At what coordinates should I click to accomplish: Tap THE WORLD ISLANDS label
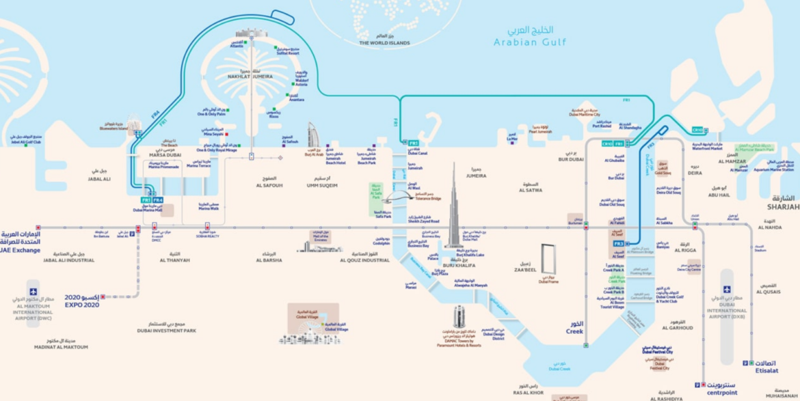(x=385, y=42)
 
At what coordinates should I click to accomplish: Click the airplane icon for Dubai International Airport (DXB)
(x=727, y=290)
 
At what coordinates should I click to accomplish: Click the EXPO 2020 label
(x=82, y=301)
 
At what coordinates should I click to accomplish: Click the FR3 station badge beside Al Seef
(x=618, y=244)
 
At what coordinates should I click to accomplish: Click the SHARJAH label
(x=782, y=206)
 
